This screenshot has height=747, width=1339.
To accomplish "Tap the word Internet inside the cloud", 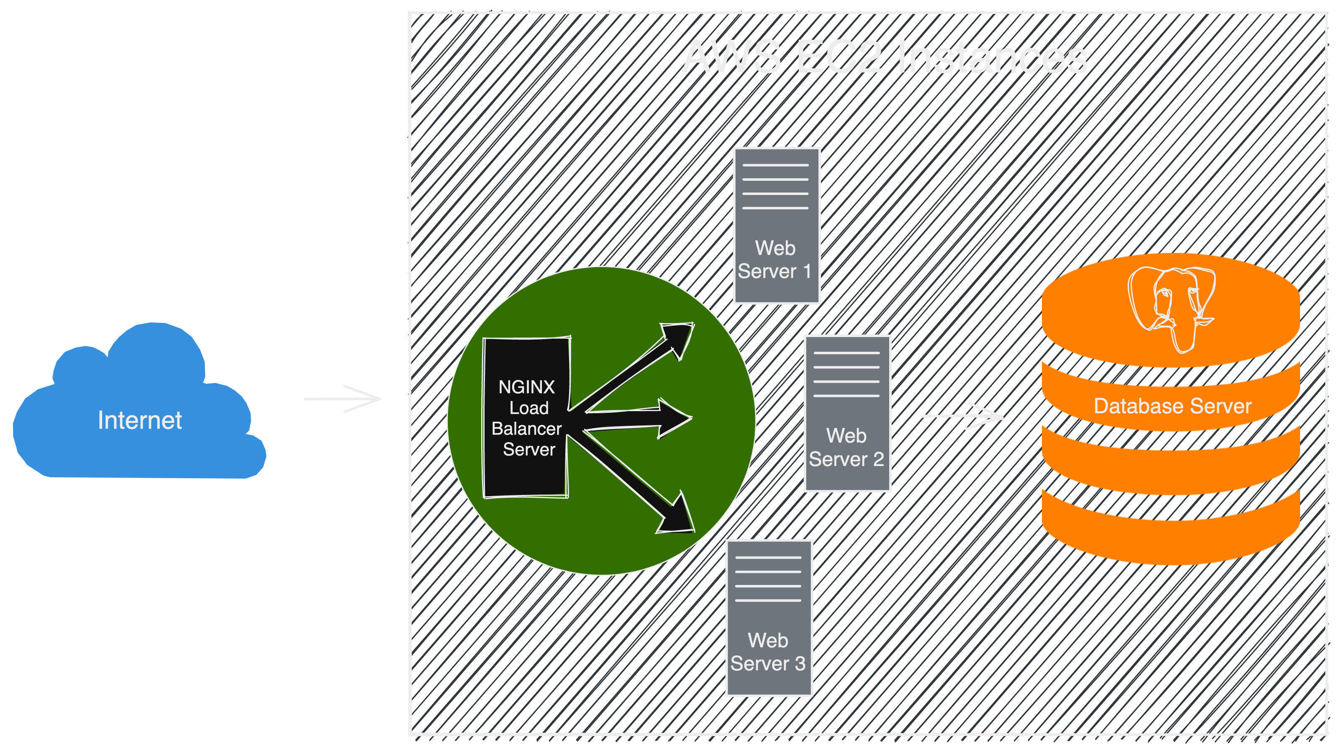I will pos(140,420).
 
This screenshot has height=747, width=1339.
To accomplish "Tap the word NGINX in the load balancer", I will pos(526,387).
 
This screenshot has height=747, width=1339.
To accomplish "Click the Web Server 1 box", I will pos(776,225).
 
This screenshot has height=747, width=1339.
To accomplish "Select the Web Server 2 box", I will pos(847,414).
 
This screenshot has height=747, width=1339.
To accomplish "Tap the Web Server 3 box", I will pos(769,618).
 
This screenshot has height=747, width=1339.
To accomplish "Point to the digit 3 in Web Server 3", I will pos(800,664).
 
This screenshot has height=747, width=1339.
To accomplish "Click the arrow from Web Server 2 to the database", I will pos(962,416).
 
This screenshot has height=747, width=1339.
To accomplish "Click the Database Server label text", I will pos(1172,406).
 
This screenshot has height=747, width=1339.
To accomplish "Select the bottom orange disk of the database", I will pos(1171,536).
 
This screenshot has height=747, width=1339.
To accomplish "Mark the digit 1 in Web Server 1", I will pos(807,271).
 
